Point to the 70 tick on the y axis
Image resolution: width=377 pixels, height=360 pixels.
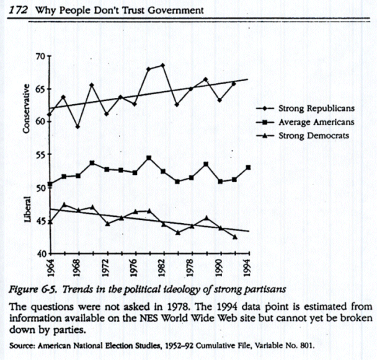point(42,56)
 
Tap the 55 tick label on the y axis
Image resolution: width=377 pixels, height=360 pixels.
point(42,154)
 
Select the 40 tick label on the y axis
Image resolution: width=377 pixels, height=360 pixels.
point(42,254)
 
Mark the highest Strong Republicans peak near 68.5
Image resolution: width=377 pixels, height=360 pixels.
point(162,65)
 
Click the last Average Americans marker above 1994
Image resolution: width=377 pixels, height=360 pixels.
point(248,167)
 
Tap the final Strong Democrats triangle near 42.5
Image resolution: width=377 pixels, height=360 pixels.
point(234,237)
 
